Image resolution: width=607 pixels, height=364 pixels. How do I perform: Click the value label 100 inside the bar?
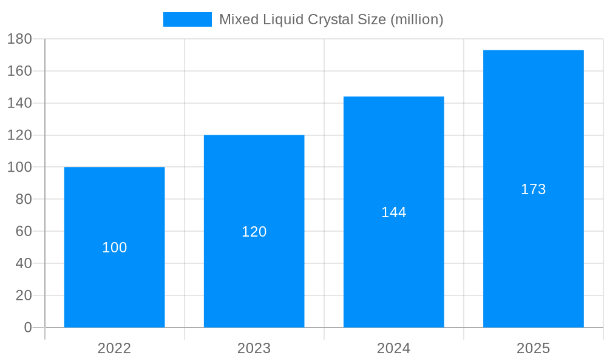(114, 248)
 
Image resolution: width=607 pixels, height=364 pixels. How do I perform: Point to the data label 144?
(393, 212)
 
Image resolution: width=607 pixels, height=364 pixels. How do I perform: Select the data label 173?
(533, 189)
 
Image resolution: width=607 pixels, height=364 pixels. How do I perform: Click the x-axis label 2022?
(114, 348)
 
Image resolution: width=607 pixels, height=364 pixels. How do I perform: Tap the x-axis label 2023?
(254, 348)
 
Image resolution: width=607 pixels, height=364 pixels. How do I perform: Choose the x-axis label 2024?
(393, 348)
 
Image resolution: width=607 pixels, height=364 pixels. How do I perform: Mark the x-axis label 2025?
(533, 348)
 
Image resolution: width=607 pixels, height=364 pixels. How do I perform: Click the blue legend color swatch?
(187, 19)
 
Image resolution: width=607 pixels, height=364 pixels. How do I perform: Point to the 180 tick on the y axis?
(19, 39)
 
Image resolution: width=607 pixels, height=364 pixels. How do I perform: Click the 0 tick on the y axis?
(27, 328)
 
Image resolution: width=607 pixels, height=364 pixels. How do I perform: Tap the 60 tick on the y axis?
(23, 231)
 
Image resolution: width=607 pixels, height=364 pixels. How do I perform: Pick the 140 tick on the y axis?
(19, 103)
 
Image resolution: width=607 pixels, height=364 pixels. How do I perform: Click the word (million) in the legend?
(416, 19)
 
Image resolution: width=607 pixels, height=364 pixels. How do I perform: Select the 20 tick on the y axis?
(23, 295)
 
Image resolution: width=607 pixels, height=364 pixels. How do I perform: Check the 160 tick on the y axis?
(19, 71)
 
